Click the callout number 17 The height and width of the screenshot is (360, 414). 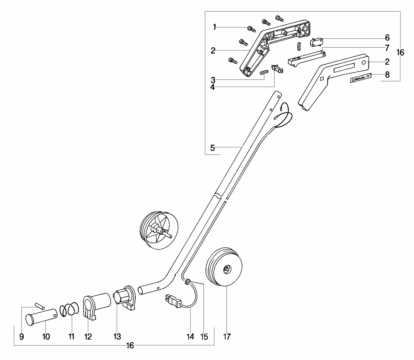227,337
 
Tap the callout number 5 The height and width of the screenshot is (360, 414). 212,148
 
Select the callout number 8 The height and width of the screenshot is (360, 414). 387,75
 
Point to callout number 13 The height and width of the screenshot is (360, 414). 117,337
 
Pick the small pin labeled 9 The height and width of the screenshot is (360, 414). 40,306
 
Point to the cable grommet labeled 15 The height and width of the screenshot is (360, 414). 187,281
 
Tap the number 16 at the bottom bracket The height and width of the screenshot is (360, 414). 130,346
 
